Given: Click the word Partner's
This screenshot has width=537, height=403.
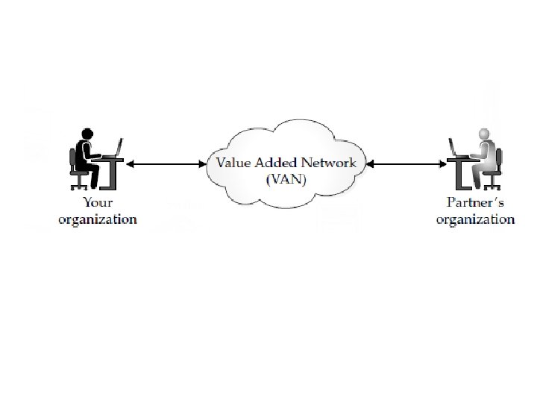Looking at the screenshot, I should click(475, 203).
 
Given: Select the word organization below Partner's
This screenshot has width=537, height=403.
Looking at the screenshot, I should click(475, 219).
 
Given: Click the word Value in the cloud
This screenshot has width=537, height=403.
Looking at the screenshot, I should click(232, 162).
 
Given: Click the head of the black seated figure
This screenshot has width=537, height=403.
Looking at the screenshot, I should click(87, 134).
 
